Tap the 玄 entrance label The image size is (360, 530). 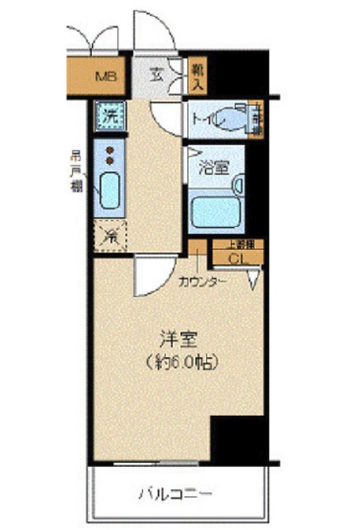click(156, 74)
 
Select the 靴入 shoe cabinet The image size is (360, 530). click(198, 74)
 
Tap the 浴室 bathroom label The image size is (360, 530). click(214, 166)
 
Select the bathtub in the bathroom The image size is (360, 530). click(214, 210)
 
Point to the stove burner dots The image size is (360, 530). click(108, 154)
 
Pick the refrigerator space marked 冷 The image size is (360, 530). click(108, 236)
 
